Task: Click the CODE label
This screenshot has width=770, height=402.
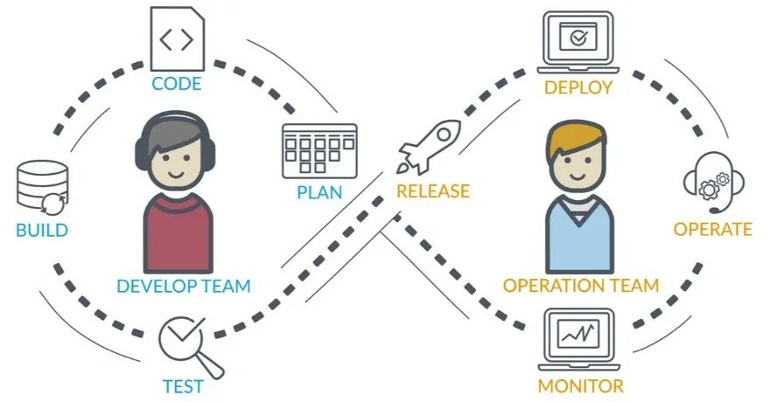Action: tap(177, 84)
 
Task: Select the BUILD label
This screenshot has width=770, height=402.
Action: tap(42, 231)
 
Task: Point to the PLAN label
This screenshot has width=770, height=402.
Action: tap(319, 192)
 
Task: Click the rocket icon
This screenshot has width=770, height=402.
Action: tap(429, 146)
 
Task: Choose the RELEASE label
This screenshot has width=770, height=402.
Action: tap(432, 191)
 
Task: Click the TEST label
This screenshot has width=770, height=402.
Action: tap(184, 386)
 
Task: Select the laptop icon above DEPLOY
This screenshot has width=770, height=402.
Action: tap(578, 41)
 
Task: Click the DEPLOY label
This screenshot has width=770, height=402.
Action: tap(578, 87)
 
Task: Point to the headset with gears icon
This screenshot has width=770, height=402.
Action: tap(713, 184)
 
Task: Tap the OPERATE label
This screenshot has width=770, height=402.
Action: tap(712, 229)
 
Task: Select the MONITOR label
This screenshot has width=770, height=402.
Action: tap(580, 386)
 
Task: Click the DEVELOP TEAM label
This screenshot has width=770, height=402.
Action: tap(184, 286)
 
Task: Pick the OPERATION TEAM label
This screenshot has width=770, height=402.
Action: tap(581, 286)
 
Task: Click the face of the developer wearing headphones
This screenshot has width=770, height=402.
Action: tap(178, 165)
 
